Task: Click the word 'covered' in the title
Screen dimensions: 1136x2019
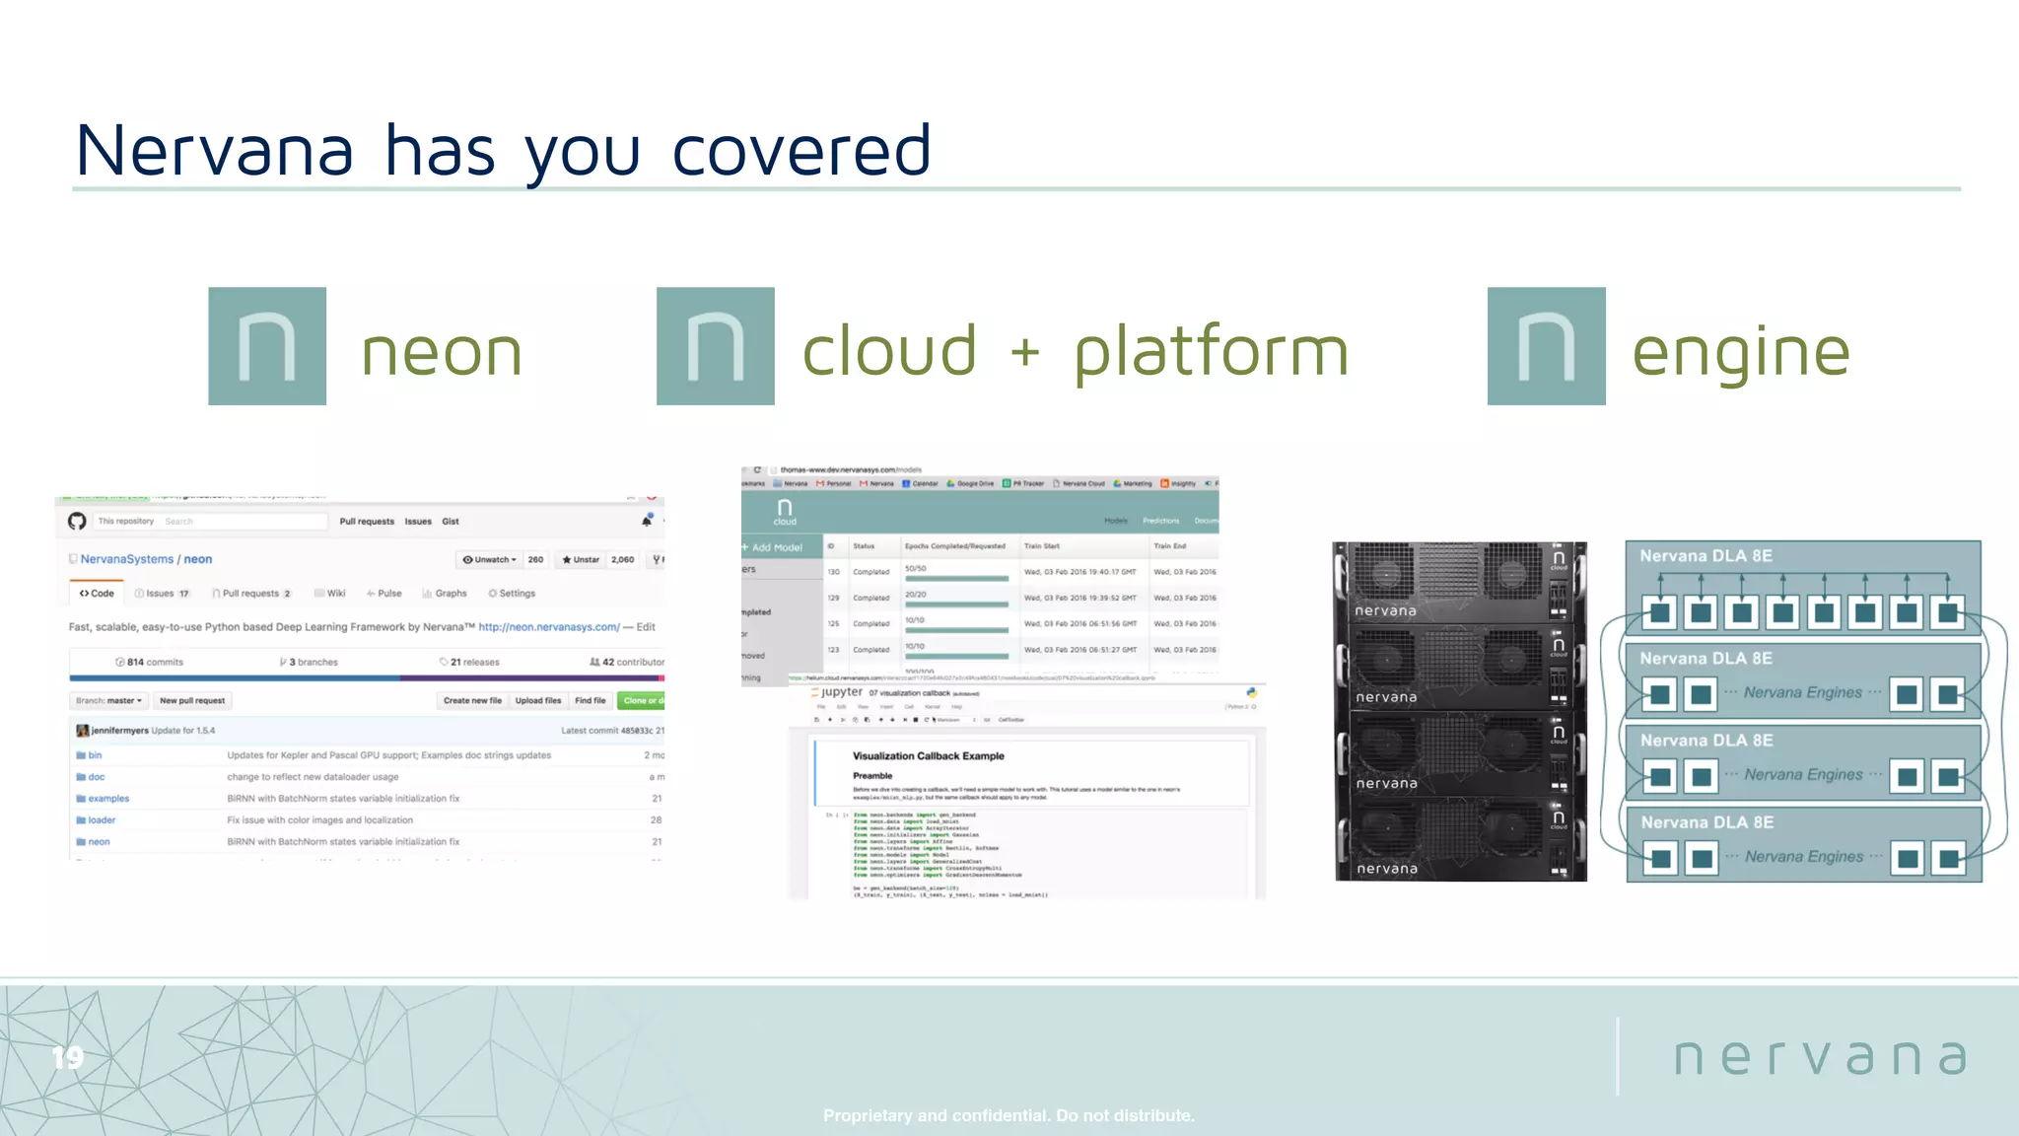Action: (x=801, y=151)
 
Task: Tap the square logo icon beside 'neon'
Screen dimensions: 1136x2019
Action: (x=267, y=346)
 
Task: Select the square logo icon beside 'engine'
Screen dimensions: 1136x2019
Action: (x=1546, y=346)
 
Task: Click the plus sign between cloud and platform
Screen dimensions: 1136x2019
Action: (x=1025, y=352)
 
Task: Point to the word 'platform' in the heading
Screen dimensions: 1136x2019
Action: (x=1211, y=352)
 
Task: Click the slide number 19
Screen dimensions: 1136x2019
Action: (x=68, y=1058)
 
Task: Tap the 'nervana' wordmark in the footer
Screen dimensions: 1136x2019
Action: (x=1820, y=1057)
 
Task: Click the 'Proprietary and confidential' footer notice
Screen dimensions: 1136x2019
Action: (x=1009, y=1115)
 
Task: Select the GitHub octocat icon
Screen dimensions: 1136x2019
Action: (x=77, y=521)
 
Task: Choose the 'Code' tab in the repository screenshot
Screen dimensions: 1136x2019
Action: (x=97, y=594)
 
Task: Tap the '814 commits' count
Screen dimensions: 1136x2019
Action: (x=150, y=662)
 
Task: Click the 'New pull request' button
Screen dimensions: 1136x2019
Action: (x=192, y=701)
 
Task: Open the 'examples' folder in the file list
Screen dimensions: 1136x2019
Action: (x=107, y=799)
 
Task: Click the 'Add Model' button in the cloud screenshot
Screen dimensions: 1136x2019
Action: (x=776, y=547)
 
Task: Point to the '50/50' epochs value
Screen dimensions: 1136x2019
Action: (x=915, y=569)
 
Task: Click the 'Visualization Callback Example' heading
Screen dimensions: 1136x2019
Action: (x=928, y=756)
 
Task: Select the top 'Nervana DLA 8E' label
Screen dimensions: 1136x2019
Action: (x=1706, y=556)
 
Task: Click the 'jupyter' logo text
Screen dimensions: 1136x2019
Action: (x=841, y=692)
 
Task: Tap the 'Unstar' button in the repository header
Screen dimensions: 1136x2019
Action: (x=582, y=559)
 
